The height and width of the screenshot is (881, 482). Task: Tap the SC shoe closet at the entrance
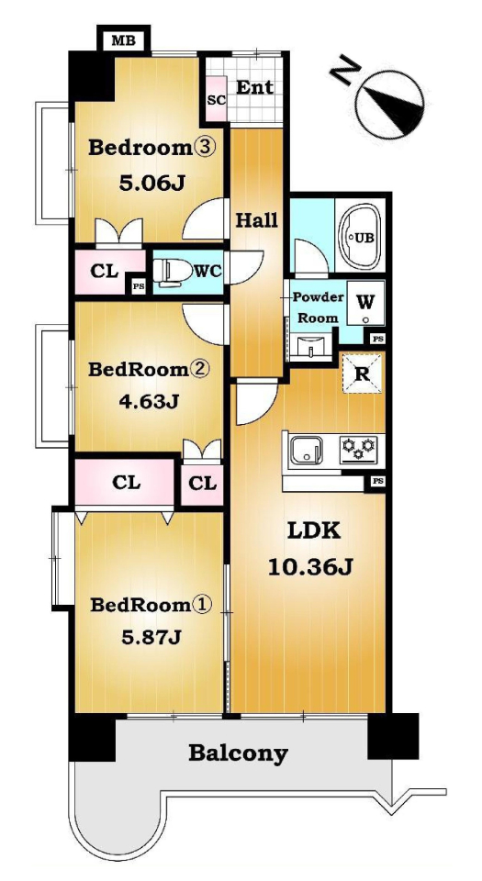click(x=217, y=99)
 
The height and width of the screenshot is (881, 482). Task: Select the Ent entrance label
click(x=254, y=88)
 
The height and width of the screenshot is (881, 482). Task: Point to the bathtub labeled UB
click(x=360, y=236)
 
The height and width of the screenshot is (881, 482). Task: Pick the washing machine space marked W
click(x=365, y=304)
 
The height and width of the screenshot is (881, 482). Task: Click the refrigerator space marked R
click(x=363, y=374)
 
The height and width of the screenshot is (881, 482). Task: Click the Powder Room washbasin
click(x=309, y=347)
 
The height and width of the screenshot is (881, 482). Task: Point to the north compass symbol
click(x=388, y=105)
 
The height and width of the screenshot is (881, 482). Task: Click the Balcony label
click(x=238, y=753)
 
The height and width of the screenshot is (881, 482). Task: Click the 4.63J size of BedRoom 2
click(x=149, y=401)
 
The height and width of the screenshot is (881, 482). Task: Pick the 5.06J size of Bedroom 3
click(x=151, y=183)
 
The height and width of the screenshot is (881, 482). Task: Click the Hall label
click(x=256, y=221)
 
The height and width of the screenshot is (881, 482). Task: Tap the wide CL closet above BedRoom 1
click(x=126, y=482)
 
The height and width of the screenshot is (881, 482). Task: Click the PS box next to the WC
click(x=138, y=285)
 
